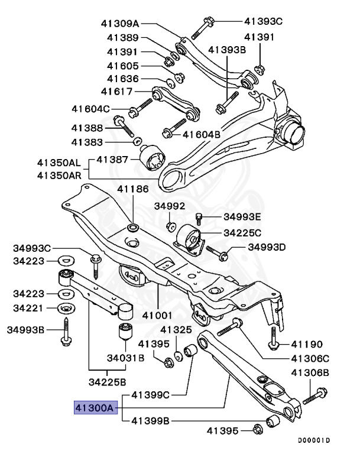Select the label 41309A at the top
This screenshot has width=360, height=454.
[x=119, y=24]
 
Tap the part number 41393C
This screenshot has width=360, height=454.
[x=264, y=21]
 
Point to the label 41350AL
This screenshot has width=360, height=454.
[x=58, y=162]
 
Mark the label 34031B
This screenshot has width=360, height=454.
[x=126, y=357]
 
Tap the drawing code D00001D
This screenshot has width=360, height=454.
[x=314, y=440]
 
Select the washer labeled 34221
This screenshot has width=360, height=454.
[x=64, y=309]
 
